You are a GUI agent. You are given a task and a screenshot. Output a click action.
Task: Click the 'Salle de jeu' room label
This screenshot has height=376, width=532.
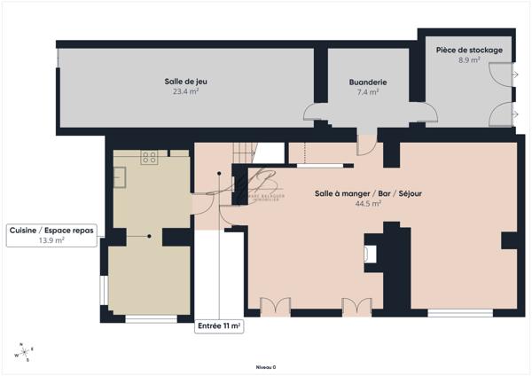pos(185,82)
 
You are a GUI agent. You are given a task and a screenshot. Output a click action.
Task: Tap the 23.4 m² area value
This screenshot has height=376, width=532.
pos(185,90)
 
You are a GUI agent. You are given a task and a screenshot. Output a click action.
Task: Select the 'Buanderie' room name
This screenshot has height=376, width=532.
pos(367,82)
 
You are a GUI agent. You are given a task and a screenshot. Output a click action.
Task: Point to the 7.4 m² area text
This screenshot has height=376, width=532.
pos(367,91)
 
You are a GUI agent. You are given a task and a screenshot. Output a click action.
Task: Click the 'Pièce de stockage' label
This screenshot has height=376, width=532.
pos(469,51)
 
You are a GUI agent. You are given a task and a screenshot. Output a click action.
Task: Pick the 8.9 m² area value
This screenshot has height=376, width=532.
pos(469,60)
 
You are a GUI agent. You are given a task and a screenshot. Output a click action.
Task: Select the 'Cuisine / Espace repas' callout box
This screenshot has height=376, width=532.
pos(51,235)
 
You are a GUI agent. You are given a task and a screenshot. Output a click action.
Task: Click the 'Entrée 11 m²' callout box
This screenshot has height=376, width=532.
pos(219,326)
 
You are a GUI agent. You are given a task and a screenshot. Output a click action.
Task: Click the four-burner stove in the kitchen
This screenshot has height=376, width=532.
pos(150,159)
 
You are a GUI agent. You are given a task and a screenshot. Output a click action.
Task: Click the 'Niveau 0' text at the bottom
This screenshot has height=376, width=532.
pos(266,367)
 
